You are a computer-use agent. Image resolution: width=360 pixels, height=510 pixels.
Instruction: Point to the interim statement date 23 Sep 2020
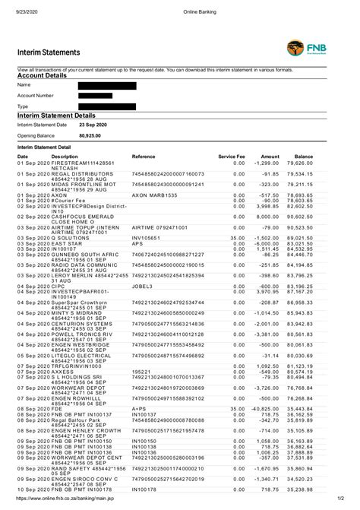95,124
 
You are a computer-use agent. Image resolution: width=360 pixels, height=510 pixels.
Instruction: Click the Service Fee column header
232,156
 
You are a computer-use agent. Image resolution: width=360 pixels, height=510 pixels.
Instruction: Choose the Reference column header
144,156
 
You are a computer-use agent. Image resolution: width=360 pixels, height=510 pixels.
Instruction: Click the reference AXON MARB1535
153,195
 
